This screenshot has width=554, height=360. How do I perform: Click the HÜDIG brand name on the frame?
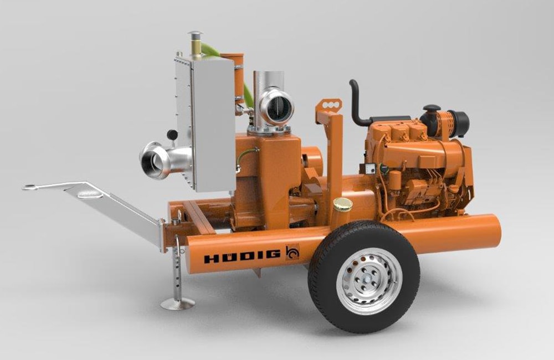[x=243, y=256]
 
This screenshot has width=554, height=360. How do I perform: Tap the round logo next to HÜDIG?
[x=292, y=252]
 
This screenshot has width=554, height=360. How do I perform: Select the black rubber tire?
[x=364, y=276]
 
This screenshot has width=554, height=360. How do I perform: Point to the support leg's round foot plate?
[x=178, y=304]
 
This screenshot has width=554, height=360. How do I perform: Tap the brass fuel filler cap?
[x=343, y=204]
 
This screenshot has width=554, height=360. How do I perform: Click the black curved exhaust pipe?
[x=358, y=103]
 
